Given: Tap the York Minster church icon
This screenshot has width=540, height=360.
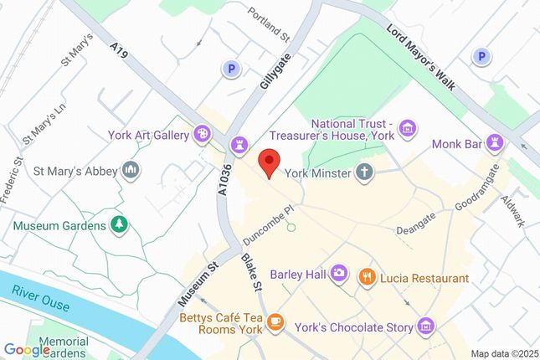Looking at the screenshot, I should tap(364, 172).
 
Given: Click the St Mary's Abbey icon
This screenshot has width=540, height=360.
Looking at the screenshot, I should tap(130, 172).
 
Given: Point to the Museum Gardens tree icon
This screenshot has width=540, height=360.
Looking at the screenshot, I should tap(120, 224).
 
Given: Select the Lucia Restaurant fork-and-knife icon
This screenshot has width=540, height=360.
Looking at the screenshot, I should tap(366, 276).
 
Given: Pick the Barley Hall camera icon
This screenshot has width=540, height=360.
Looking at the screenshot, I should tap(338, 273).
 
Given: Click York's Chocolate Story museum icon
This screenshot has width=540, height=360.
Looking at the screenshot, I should tap(427, 325).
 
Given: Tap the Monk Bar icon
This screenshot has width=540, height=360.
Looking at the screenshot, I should tap(496, 144).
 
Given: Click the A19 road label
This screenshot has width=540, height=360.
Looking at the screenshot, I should tap(121, 51).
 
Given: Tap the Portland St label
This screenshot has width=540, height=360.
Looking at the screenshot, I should tap(269, 25).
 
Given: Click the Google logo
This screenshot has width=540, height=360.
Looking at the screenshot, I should tap(26, 349).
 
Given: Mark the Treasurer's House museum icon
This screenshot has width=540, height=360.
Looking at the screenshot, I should tap(407, 127).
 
